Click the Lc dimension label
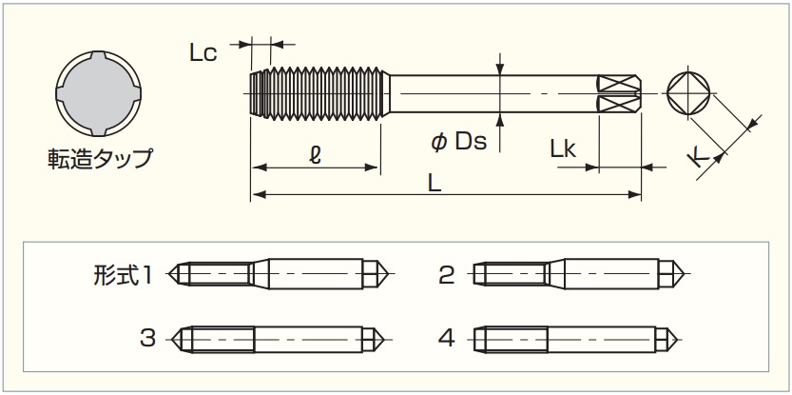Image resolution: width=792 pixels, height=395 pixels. (203, 53)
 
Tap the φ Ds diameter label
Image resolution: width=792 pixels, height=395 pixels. (458, 142)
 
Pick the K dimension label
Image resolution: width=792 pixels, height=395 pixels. (701, 156)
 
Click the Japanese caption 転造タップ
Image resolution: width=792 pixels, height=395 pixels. (100, 158)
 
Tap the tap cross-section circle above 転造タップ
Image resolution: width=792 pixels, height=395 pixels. (100, 92)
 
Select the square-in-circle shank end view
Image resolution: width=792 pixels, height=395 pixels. (689, 93)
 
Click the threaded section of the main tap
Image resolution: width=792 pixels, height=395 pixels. (317, 93)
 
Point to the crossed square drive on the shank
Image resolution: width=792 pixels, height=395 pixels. (619, 93)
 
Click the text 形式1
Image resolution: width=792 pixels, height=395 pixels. (124, 276)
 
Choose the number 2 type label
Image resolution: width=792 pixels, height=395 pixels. (447, 276)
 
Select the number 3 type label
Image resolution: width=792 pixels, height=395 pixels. (147, 338)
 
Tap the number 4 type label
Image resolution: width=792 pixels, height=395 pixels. (447, 338)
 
